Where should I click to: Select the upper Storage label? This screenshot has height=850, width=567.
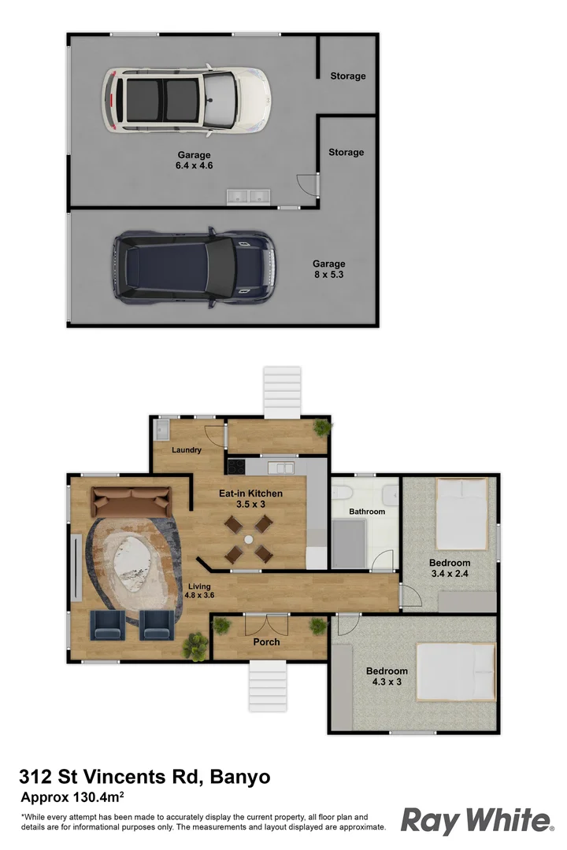(347, 76)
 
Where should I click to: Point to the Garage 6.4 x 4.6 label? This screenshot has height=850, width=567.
(194, 161)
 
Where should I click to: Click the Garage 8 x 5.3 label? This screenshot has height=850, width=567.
(328, 269)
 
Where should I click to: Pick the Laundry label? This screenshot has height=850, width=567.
(187, 450)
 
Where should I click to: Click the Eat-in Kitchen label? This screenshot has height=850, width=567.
(250, 499)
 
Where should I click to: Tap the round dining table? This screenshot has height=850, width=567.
(248, 540)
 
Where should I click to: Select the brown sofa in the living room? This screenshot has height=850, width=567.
(132, 499)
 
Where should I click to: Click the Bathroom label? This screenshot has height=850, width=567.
(367, 512)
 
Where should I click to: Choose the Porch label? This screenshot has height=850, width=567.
(266, 641)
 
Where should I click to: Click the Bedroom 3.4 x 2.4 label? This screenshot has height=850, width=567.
(450, 568)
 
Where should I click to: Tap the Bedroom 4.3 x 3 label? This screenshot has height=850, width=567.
(387, 676)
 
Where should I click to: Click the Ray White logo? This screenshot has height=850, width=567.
(476, 820)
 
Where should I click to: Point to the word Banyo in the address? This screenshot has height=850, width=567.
(239, 778)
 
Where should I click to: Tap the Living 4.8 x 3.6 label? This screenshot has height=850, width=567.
(200, 590)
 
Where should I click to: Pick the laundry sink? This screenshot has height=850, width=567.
(162, 430)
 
